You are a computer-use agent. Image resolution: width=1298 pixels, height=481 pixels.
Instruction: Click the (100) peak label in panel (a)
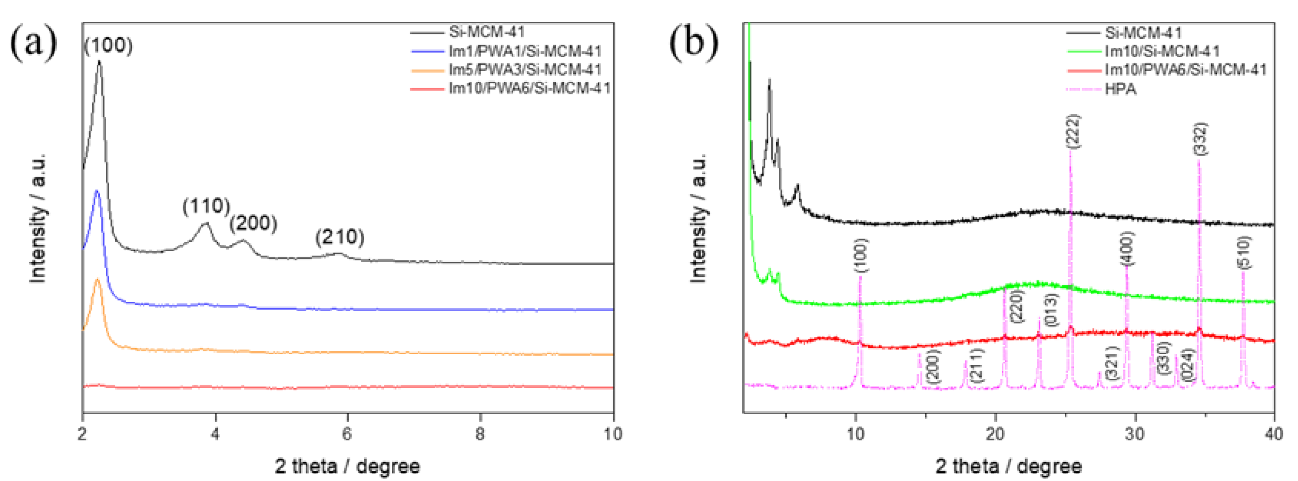108,45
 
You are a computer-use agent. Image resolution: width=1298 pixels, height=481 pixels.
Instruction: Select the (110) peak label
206,206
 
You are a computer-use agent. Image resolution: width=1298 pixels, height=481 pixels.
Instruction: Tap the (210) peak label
340,237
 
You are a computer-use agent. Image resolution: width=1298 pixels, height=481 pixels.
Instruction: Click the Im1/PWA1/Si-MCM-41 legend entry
525,51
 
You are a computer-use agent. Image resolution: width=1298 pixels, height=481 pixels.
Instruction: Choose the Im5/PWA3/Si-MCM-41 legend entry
525,70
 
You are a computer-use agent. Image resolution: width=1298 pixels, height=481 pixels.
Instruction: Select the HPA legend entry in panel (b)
1120,89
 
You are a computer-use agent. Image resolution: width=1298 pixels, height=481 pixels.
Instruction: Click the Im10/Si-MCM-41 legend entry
1162,51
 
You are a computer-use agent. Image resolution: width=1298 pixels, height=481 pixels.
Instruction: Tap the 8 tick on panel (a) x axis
480,434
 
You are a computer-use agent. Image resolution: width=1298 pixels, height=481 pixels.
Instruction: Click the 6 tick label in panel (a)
347,434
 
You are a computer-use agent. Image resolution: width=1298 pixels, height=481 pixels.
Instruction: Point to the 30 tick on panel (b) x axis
1135,434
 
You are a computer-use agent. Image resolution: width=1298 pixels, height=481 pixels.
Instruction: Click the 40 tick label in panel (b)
1273,434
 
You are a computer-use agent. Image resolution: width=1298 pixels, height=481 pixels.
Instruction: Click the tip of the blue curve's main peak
97,191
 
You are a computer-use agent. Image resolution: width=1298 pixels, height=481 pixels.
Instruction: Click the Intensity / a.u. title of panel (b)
698,218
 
